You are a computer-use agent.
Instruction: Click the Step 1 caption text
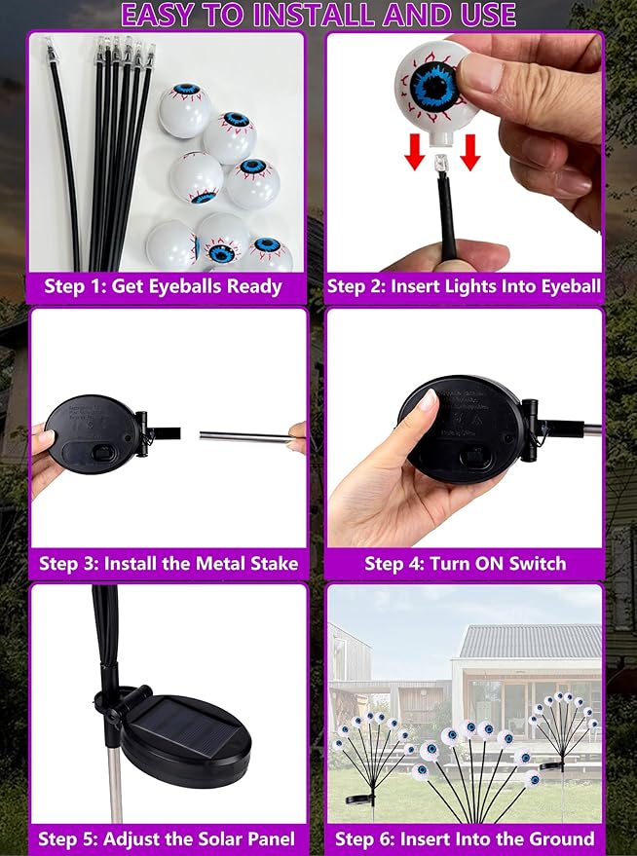tap(163, 286)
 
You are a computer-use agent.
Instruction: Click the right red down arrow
tap(470, 148)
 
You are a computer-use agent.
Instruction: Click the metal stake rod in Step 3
tap(244, 437)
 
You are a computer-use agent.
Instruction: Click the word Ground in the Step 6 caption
tap(561, 838)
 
